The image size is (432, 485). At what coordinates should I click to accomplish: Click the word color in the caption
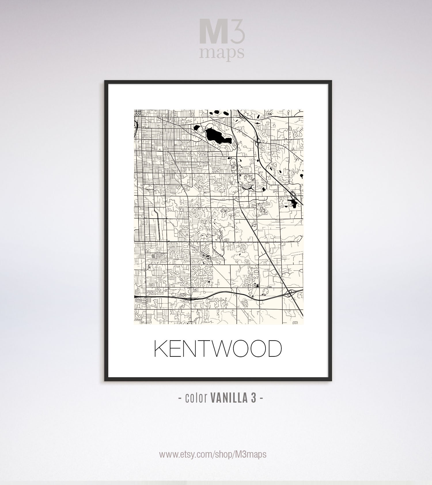click(x=196, y=398)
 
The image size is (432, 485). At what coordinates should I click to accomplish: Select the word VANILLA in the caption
click(x=229, y=398)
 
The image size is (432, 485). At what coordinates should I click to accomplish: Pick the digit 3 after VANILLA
click(x=253, y=398)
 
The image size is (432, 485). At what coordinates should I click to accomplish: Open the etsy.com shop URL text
click(x=213, y=454)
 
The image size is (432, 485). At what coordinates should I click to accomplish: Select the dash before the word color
click(x=180, y=399)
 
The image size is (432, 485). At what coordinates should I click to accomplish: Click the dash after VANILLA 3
click(x=261, y=399)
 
